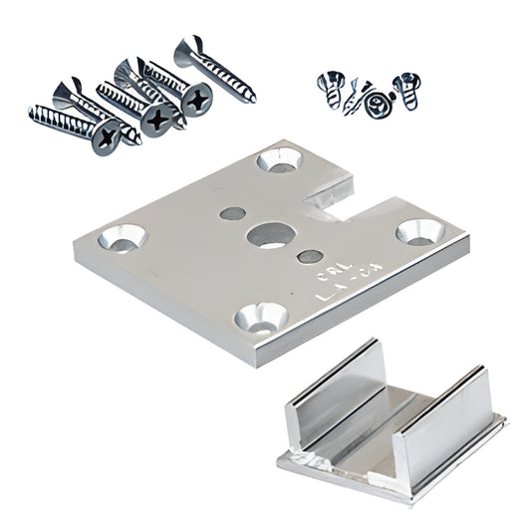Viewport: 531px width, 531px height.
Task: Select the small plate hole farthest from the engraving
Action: pyautogui.click(x=230, y=213)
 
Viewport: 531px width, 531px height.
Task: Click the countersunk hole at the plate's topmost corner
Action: pyautogui.click(x=278, y=158)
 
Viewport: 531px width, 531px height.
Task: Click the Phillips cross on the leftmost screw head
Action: pyautogui.click(x=106, y=140)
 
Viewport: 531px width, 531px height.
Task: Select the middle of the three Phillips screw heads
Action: pyautogui.click(x=156, y=121)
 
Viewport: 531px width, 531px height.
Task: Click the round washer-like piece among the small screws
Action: pyautogui.click(x=377, y=104)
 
